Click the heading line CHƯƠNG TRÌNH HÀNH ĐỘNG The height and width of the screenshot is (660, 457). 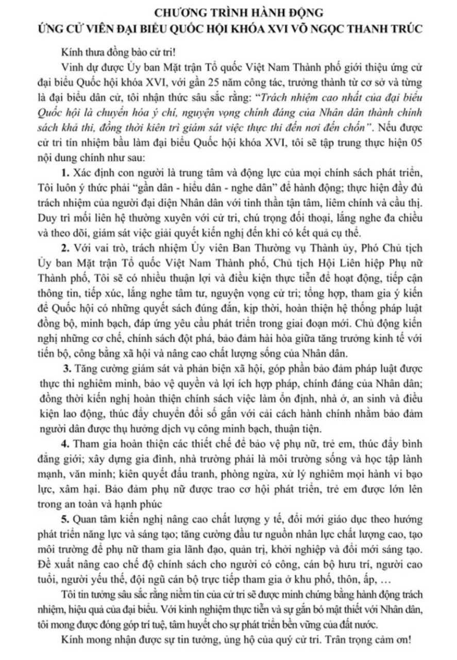(x=228, y=11)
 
